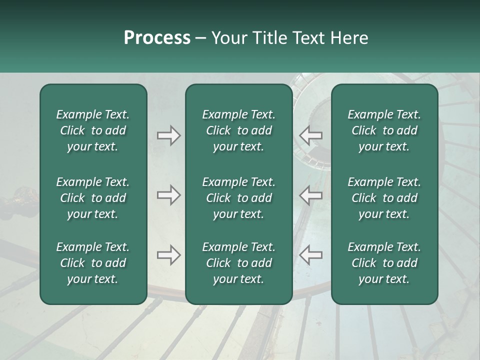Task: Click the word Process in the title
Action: coord(157,38)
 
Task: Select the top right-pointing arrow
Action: coord(168,135)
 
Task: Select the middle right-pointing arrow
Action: coord(168,195)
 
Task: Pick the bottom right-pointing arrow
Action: coord(168,255)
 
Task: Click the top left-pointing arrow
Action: coord(310,135)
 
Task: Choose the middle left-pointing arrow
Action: coord(310,195)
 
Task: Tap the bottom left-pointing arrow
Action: coord(310,255)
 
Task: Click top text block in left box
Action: coord(93,130)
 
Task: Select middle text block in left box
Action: coord(93,198)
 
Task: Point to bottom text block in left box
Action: coord(93,263)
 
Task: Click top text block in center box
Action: coord(238,130)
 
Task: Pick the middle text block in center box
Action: coord(238,198)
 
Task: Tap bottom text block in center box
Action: coord(238,263)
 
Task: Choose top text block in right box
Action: coord(384,130)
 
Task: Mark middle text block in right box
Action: coord(384,198)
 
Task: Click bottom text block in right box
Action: coord(384,263)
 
